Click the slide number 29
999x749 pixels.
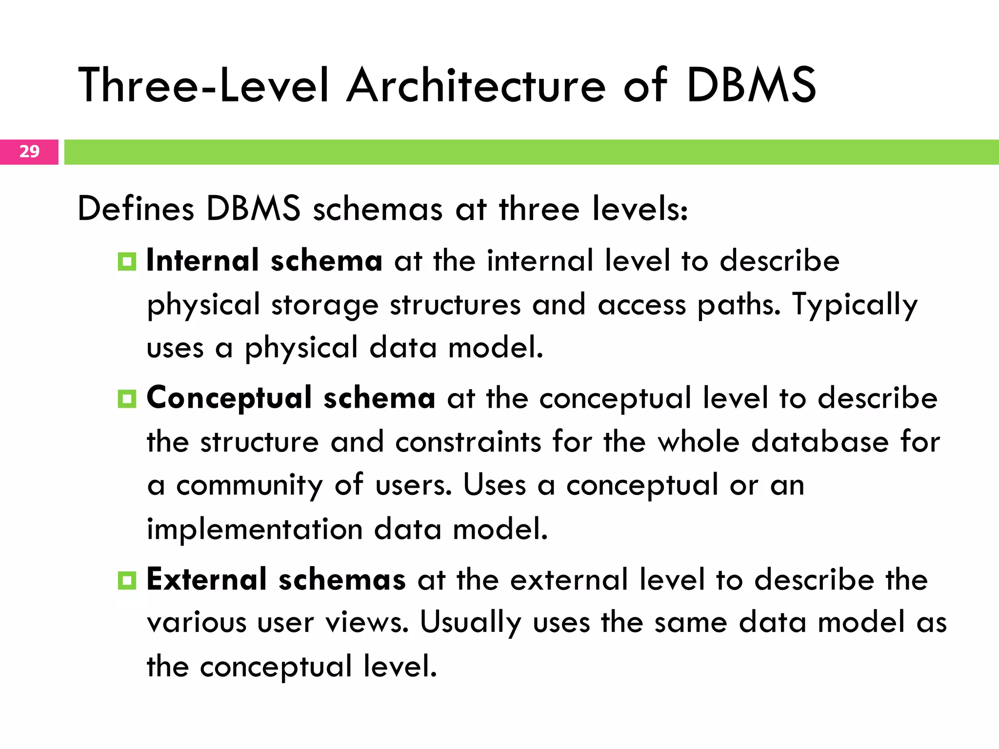(x=29, y=152)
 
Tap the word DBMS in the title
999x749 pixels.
(x=751, y=86)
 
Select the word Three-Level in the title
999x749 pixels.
(x=204, y=86)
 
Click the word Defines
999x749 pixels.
(x=136, y=209)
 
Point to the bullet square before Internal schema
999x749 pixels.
(x=127, y=262)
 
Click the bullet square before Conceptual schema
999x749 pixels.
(x=127, y=399)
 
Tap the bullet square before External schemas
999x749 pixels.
(x=127, y=580)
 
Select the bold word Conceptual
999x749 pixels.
(x=229, y=398)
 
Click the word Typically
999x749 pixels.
(x=855, y=305)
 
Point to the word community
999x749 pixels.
(x=250, y=486)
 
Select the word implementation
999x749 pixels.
(x=255, y=529)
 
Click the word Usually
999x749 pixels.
(x=471, y=623)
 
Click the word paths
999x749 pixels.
(x=739, y=305)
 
